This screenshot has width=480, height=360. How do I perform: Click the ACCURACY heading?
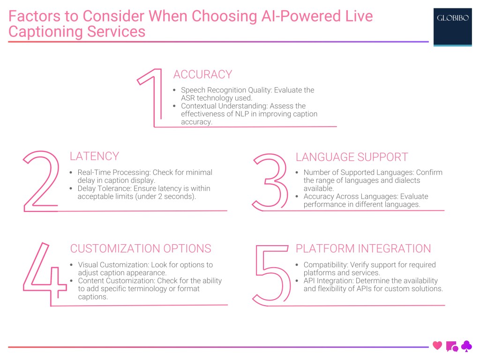coord(202,75)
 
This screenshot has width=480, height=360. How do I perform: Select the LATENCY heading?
coord(94,156)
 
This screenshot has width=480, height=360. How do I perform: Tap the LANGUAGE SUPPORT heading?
coord(352,157)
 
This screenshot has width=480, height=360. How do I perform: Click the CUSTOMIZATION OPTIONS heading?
coord(141,248)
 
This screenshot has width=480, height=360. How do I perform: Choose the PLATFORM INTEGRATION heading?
coord(363,248)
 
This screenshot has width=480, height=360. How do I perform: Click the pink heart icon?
coord(437,346)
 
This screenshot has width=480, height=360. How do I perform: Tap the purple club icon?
coord(466,346)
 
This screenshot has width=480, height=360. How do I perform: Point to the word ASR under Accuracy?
coord(189,98)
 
